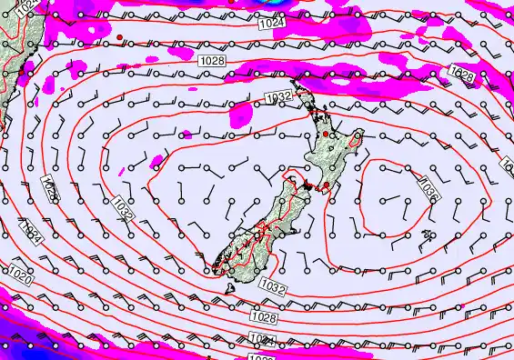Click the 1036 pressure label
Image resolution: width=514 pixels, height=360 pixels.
click(428, 188)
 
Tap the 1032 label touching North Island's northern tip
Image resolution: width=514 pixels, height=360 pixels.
click(278, 96)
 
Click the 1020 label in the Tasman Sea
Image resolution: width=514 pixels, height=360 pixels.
click(19, 273)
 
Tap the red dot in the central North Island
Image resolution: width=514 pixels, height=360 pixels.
click(326, 134)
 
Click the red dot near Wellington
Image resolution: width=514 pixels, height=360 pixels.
click(327, 185)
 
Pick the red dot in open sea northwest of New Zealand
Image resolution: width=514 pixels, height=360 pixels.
click(119, 37)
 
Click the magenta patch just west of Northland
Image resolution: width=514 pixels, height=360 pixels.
click(240, 114)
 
